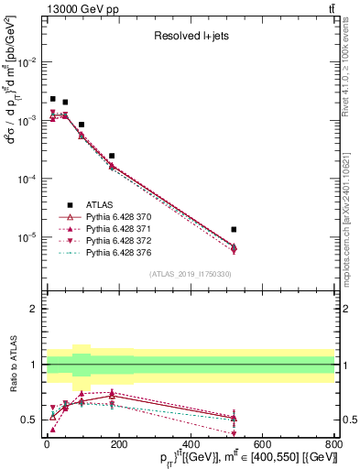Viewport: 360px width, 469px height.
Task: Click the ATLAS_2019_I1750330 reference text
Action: [x=190, y=274]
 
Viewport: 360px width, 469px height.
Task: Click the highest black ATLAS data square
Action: [x=53, y=99]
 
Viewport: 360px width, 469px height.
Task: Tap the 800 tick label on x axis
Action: [x=334, y=446]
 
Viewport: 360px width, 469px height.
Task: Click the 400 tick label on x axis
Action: [x=191, y=446]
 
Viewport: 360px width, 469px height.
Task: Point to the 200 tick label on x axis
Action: [x=119, y=446]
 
